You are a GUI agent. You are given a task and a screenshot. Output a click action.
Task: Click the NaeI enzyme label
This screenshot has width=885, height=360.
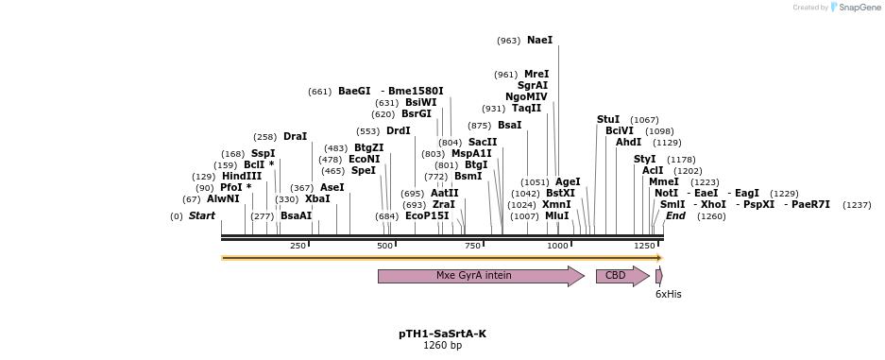click(539, 41)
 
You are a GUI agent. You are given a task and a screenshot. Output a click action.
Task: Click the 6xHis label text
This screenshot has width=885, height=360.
click(668, 295)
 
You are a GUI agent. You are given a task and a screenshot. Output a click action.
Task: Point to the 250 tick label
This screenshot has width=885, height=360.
click(298, 246)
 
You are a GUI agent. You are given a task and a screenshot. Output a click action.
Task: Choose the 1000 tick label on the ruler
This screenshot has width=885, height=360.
click(557, 246)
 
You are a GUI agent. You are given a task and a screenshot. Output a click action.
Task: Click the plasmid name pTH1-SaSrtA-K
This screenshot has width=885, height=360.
click(442, 334)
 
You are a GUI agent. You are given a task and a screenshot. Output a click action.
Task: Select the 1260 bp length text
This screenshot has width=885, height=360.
click(442, 346)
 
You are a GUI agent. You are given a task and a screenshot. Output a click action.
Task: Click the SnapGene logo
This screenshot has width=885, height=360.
click(855, 8)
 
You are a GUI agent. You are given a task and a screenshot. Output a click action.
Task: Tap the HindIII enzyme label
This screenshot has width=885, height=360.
click(241, 177)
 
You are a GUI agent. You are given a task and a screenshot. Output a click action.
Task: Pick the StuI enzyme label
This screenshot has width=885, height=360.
click(608, 120)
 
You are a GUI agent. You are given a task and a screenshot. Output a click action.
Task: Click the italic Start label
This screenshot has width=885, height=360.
click(201, 216)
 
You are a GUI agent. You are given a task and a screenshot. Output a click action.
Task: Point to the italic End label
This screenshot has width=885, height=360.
click(675, 216)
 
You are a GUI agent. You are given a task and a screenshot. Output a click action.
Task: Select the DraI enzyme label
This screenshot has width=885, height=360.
click(295, 137)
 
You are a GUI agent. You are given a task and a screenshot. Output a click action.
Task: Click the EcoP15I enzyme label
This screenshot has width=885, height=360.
click(427, 216)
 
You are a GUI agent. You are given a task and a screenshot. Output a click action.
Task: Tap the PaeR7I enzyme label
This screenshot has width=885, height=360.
click(810, 205)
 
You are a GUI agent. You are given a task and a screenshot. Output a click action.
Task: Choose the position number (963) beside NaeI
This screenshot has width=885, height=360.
click(508, 41)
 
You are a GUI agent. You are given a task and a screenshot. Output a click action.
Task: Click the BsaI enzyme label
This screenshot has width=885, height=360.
click(509, 126)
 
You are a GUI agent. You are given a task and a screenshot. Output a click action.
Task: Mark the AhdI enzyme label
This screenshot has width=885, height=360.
click(628, 143)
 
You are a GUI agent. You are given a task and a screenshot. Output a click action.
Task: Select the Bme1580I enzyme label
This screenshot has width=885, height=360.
click(416, 92)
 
